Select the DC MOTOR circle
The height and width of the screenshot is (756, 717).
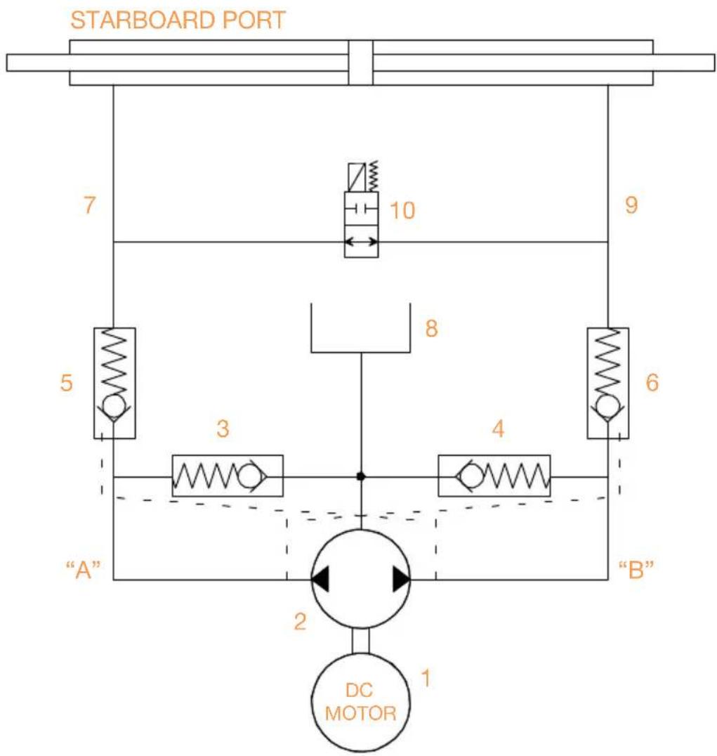click(360, 702)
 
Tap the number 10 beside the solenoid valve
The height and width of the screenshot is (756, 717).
click(402, 211)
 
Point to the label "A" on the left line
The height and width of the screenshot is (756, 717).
click(84, 569)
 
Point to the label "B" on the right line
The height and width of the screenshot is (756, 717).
click(636, 569)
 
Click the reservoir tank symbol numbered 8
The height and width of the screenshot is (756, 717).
click(360, 328)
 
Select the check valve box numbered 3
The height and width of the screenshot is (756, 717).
click(228, 476)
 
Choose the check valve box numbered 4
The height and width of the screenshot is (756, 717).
click(494, 476)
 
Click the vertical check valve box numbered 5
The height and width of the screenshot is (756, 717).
click(114, 384)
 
